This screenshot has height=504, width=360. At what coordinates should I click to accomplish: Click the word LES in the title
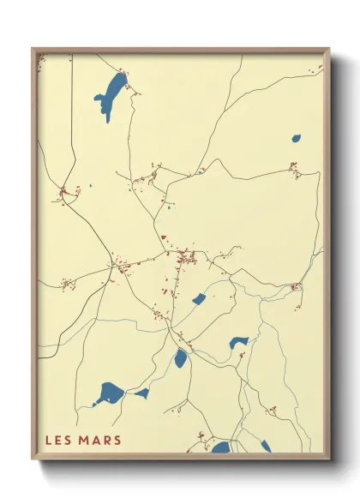click(x=58, y=441)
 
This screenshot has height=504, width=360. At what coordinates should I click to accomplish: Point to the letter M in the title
click(x=85, y=441)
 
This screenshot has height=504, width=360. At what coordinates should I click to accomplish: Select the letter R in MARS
click(x=106, y=441)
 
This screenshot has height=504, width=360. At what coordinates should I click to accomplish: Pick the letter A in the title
click(x=96, y=441)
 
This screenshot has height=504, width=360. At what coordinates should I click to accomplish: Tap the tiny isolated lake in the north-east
click(x=296, y=137)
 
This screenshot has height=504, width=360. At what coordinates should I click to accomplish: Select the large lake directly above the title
click(x=109, y=394)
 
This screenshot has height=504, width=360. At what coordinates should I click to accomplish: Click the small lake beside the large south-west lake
click(x=141, y=393)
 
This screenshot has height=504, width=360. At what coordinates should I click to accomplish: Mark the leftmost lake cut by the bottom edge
click(x=221, y=447)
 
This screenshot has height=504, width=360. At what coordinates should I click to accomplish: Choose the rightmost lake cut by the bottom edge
click(x=266, y=446)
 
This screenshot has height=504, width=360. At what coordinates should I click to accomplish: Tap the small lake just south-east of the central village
click(x=199, y=299)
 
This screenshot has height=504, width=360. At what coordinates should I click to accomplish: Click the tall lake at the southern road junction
click(x=181, y=358)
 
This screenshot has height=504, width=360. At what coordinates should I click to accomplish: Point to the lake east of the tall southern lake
click(x=238, y=343)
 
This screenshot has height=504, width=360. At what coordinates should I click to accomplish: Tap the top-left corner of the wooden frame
click(x=33, y=49)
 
